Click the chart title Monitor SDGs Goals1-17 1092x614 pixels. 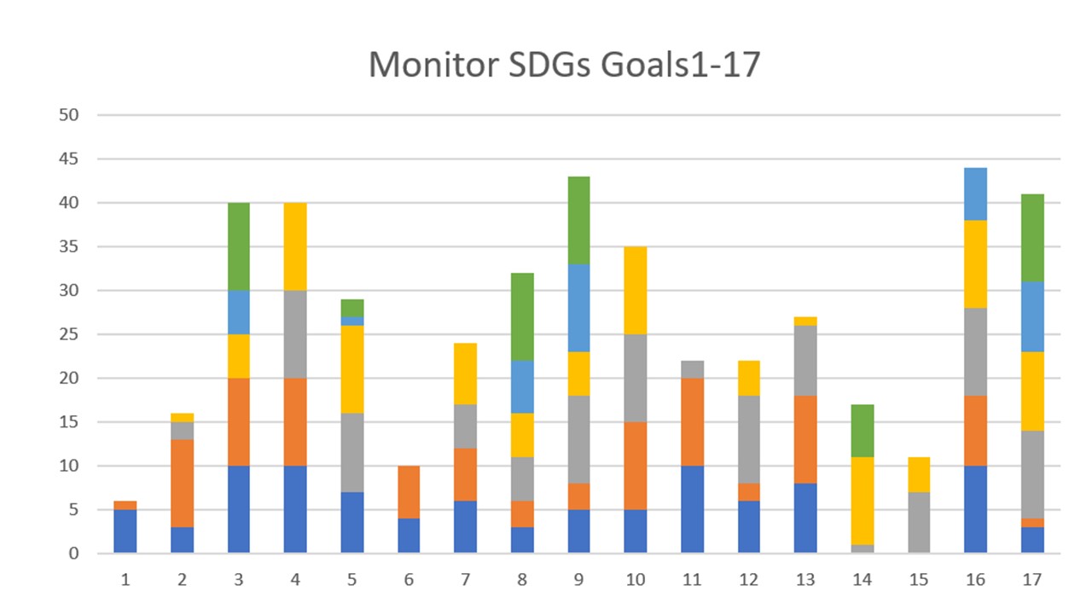tap(563, 65)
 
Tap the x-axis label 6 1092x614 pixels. tap(409, 580)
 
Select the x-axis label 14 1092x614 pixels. tap(863, 580)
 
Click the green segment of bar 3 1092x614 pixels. tap(239, 246)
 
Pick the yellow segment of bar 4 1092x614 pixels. tap(295, 246)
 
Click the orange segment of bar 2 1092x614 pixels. tap(182, 483)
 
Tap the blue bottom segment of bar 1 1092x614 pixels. tap(125, 531)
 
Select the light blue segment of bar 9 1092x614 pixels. tap(578, 308)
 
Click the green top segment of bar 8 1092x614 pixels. tap(522, 316)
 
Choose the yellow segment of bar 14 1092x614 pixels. tap(863, 501)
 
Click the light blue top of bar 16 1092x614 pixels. tap(975, 194)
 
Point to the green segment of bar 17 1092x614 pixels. tap(1032, 238)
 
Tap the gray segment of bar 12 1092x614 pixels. tap(748, 439)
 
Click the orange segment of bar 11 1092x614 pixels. tap(692, 422)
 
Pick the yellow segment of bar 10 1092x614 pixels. tap(636, 291)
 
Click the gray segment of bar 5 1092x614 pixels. tap(351, 453)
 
